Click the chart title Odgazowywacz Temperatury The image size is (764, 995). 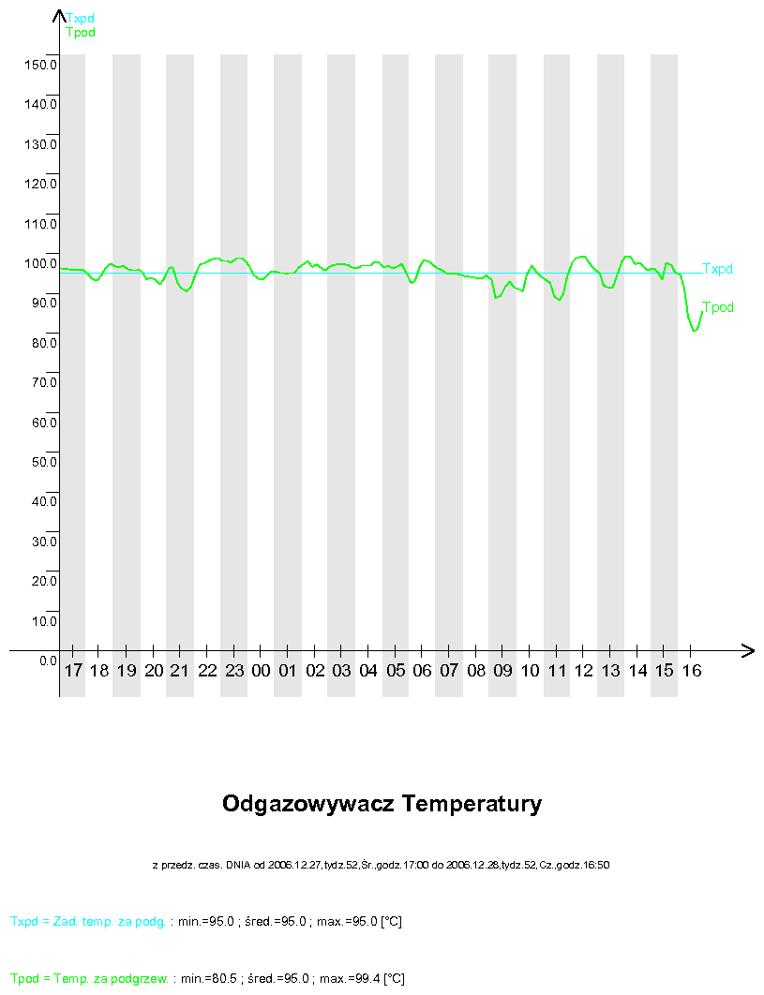tap(382, 804)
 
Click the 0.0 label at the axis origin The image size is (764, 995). tap(48, 661)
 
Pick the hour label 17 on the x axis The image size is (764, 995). tap(73, 671)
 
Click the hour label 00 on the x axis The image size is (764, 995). tap(262, 671)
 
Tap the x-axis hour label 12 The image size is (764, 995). tap(584, 671)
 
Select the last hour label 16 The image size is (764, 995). tap(691, 671)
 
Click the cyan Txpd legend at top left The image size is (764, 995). tap(81, 18)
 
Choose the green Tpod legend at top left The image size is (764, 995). tap(81, 33)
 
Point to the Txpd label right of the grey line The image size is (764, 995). tap(718, 269)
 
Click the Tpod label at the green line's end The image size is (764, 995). tap(718, 307)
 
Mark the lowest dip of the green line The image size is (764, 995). tap(695, 330)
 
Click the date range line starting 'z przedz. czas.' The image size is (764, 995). tap(382, 865)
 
